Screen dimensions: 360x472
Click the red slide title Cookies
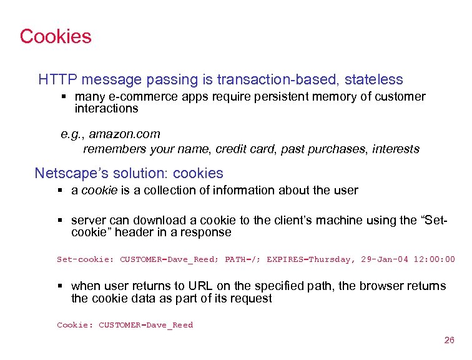56,36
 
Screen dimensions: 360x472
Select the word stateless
374,80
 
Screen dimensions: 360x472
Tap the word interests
396,149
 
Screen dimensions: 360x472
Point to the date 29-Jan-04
385,259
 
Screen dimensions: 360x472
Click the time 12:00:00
435,259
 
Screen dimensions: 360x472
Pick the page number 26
449,341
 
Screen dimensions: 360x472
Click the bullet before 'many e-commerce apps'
64,97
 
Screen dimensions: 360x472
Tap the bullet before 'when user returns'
61,286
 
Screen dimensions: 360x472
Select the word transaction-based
278,80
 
